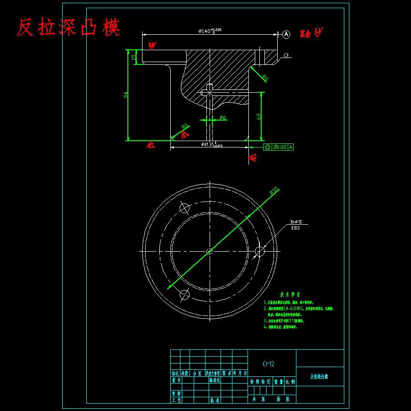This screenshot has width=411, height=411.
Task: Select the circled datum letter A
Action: (286, 34)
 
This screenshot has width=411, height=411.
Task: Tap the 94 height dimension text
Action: (126, 95)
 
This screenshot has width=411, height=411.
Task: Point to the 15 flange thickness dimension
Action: (133, 57)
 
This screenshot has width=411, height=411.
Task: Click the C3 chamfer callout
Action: (286, 56)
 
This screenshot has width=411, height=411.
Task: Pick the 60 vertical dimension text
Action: (259, 116)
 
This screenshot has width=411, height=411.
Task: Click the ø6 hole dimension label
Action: (223, 118)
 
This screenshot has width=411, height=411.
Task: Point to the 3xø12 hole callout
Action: (296, 221)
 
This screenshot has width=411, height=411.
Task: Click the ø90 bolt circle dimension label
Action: (274, 190)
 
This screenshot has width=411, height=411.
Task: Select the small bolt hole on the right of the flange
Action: (260, 251)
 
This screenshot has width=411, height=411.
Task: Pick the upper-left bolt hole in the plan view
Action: (184, 208)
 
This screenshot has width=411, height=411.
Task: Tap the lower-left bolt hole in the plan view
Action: (184, 295)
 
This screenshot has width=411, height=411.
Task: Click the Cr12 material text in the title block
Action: (269, 364)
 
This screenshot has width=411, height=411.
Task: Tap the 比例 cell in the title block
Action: (290, 380)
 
